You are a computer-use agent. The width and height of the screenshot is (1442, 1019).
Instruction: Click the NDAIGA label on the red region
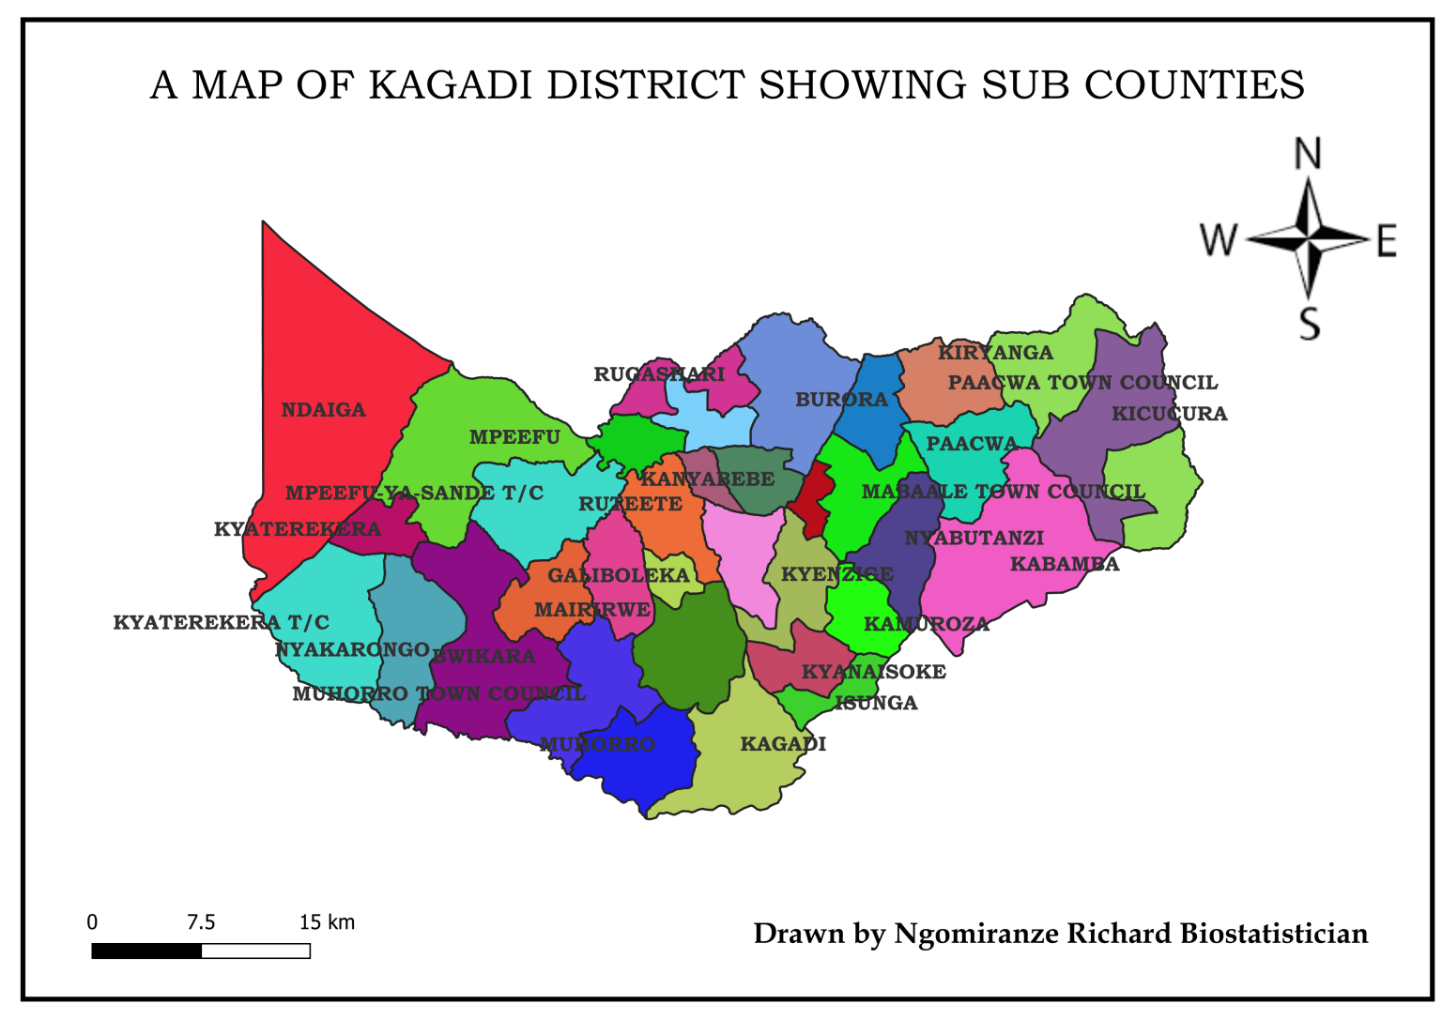pyautogui.click(x=323, y=410)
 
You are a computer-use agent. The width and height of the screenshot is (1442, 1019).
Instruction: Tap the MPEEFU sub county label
pyautogui.click(x=514, y=437)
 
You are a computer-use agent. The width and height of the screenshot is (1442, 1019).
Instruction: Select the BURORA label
pyautogui.click(x=841, y=400)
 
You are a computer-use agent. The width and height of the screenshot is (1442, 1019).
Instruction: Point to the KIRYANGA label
pyautogui.click(x=995, y=353)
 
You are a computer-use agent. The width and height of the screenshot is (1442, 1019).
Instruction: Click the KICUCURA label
pyautogui.click(x=1169, y=414)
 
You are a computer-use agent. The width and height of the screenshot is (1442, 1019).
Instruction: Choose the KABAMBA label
pyautogui.click(x=1065, y=564)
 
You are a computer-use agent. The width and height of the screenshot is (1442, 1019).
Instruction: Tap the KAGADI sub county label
pyautogui.click(x=783, y=744)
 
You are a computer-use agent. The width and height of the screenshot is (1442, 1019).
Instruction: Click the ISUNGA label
pyautogui.click(x=876, y=703)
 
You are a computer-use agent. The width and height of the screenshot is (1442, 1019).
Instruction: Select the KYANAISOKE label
pyautogui.click(x=873, y=672)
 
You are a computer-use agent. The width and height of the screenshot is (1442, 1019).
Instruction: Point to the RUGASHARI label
pyautogui.click(x=659, y=374)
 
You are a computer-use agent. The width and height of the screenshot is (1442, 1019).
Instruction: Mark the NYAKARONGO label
pyautogui.click(x=352, y=649)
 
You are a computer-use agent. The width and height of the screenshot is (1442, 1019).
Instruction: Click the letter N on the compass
pyautogui.click(x=1308, y=154)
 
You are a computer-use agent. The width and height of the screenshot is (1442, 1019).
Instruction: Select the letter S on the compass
pyautogui.click(x=1309, y=324)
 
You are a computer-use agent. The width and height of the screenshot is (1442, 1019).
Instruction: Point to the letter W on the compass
pyautogui.click(x=1220, y=240)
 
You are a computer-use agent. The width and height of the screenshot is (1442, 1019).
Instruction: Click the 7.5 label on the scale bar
pyautogui.click(x=201, y=922)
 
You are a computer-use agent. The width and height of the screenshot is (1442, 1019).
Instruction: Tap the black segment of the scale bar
pyautogui.click(x=146, y=951)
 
